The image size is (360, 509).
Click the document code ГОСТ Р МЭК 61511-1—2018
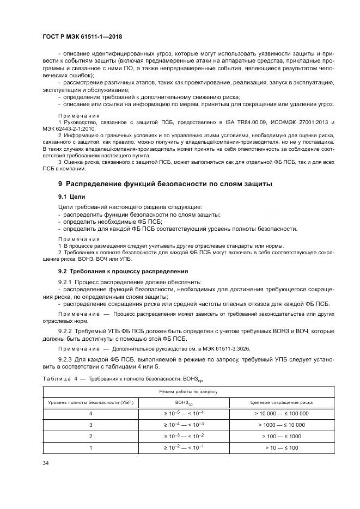click(82, 36)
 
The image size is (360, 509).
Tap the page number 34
click(45, 463)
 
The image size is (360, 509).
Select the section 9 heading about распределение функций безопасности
click(165, 184)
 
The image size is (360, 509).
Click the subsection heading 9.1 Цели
click(72, 196)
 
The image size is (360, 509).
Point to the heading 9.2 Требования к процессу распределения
click(123, 271)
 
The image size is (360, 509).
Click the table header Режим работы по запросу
click(188, 391)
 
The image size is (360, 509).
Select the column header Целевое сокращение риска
click(281, 402)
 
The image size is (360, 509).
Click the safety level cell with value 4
click(90, 413)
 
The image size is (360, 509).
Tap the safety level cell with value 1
click(90, 447)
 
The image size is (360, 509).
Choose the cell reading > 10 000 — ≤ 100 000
click(281, 413)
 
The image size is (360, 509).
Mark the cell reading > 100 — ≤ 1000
click(281, 436)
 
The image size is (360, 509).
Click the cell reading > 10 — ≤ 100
click(281, 447)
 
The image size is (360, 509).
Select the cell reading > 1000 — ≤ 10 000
click(281, 425)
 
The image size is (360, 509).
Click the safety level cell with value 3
click(90, 425)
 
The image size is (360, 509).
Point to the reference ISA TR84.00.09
click(244, 124)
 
